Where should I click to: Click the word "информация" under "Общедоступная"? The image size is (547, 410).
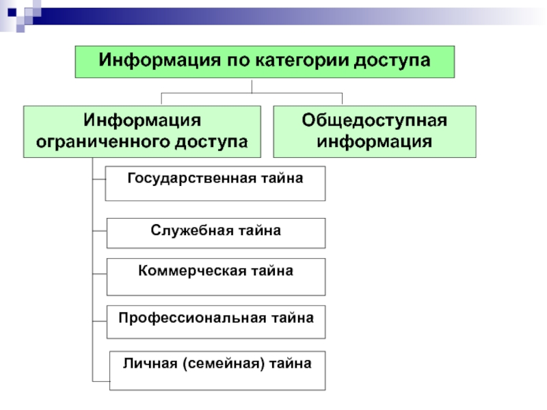click(x=375, y=143)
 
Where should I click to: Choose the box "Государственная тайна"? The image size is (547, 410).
click(x=215, y=183)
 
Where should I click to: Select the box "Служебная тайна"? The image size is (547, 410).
click(x=215, y=233)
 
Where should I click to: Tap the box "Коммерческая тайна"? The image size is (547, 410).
click(x=215, y=276)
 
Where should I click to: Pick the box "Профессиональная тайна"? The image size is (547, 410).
click(x=215, y=322)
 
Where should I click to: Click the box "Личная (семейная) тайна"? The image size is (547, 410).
click(x=217, y=370)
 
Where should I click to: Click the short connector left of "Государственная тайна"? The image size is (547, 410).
click(x=98, y=181)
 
